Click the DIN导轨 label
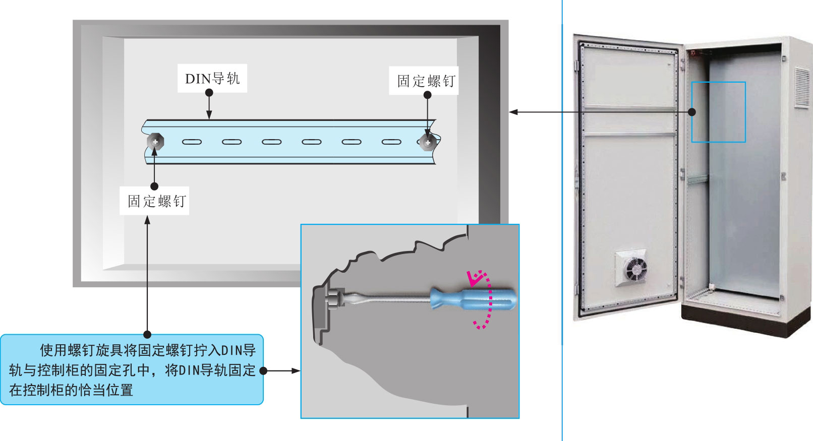tap(212, 79)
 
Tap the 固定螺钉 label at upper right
tap(426, 81)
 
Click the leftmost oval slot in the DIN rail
tap(192, 142)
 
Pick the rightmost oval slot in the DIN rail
tap(391, 142)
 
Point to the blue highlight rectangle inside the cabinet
tap(718, 111)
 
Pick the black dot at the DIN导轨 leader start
tap(209, 93)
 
